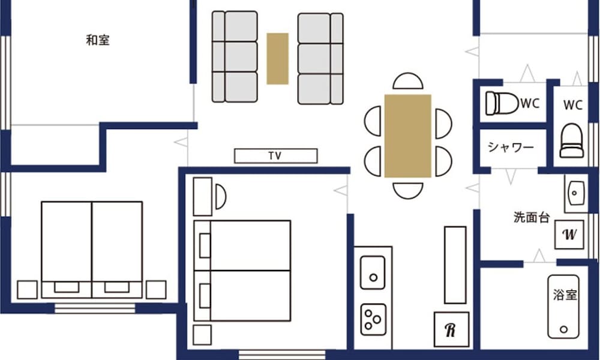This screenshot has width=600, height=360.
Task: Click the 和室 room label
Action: [x=98, y=40]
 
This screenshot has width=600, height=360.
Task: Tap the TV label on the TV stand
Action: [x=275, y=156]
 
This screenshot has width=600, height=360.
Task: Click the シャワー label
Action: [x=511, y=147]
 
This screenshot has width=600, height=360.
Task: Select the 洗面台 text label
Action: [x=532, y=217]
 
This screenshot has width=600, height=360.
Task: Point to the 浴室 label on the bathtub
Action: [x=565, y=295]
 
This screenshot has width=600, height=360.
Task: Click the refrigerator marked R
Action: [x=452, y=329]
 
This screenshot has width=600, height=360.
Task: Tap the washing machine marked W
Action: [x=569, y=234]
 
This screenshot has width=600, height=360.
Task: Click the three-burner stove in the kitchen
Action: [x=373, y=319]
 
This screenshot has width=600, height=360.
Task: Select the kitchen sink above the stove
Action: [x=373, y=272]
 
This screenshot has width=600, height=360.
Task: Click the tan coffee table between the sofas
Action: [x=277, y=59]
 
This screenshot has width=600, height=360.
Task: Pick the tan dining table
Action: [x=408, y=136]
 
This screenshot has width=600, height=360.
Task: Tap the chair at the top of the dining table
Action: [x=408, y=81]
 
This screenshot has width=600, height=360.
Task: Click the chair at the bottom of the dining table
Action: [x=408, y=191]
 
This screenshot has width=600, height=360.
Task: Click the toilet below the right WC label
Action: [x=572, y=141]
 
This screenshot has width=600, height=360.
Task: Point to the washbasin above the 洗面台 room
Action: [x=575, y=193]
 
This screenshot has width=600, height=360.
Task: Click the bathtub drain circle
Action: [x=563, y=329]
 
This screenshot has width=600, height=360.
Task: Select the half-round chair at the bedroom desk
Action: [x=221, y=197]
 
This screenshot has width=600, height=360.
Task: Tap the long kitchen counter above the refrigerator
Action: [x=455, y=265]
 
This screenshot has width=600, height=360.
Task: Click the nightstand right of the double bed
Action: [x=156, y=290]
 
